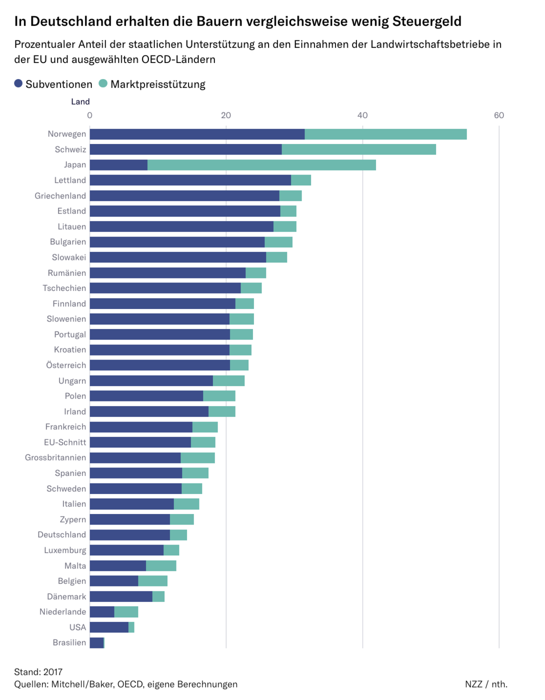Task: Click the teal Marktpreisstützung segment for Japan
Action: [261, 165]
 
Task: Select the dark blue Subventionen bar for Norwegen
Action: [197, 134]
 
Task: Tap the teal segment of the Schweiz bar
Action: [359, 149]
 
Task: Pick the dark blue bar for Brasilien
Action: [96, 642]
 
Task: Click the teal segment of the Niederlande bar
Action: [126, 611]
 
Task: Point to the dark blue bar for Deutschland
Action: [130, 534]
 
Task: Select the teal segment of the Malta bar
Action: [161, 565]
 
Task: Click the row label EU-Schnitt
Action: [65, 442]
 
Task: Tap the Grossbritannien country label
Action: [55, 458]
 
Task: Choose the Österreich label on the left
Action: [66, 365]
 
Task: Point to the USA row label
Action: [77, 627]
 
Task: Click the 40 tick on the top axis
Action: [362, 115]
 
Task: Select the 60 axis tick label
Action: [499, 115]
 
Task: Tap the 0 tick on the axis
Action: [90, 115]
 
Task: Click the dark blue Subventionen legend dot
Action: [18, 83]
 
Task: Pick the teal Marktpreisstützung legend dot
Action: [103, 83]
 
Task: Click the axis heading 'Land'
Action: [80, 102]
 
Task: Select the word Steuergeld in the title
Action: [427, 21]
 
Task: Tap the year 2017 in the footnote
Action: [53, 672]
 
